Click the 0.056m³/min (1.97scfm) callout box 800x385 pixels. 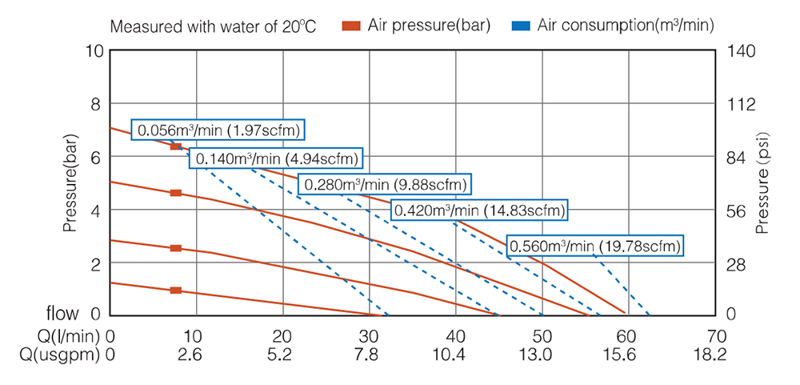click(219, 130)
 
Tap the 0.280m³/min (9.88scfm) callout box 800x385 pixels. click(385, 184)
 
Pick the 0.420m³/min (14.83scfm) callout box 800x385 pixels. click(479, 211)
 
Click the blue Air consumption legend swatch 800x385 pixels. click(522, 26)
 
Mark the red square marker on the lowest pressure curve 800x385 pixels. click(176, 291)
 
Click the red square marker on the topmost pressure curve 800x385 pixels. click(176, 146)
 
